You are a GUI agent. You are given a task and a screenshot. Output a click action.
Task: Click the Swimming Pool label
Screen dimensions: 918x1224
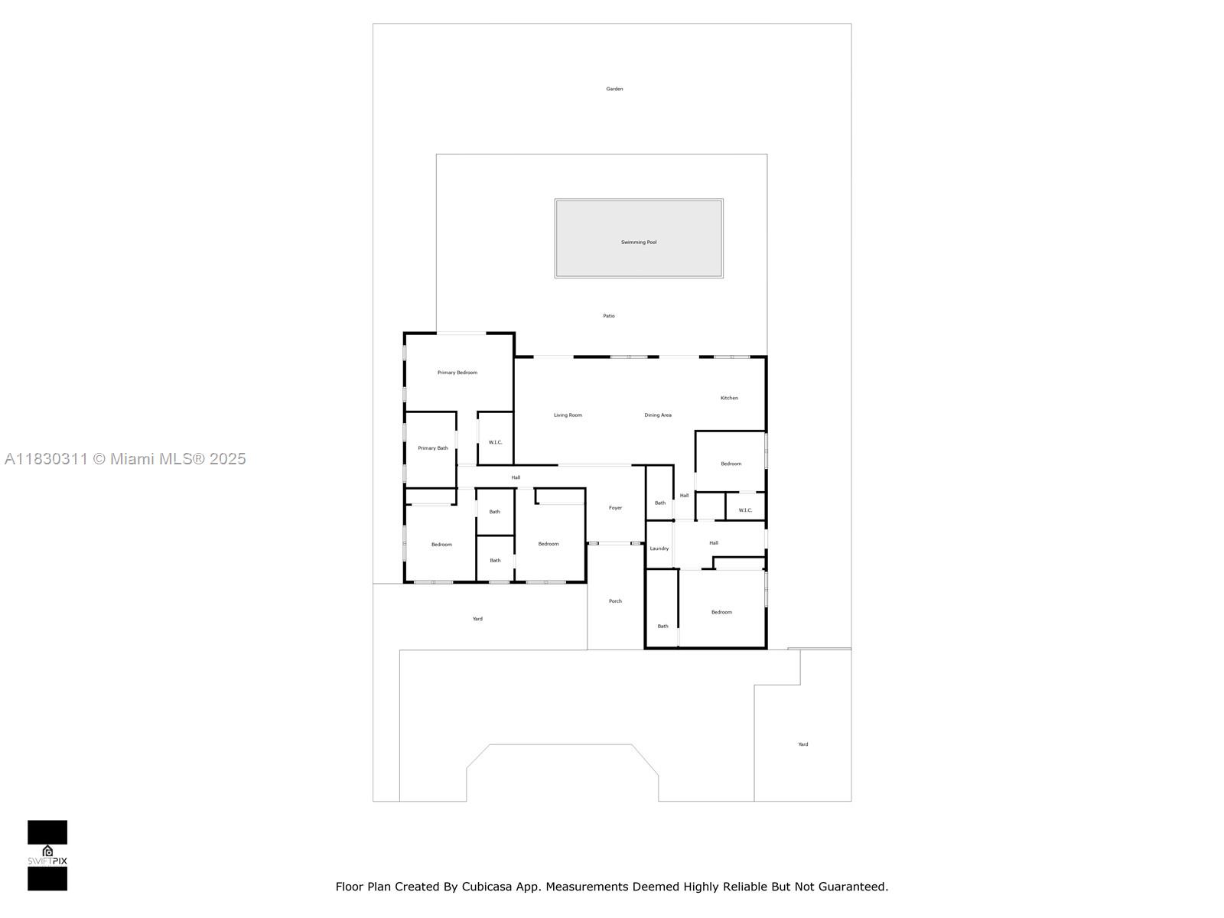[639, 243]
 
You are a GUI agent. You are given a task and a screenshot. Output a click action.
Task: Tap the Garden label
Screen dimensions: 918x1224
[614, 89]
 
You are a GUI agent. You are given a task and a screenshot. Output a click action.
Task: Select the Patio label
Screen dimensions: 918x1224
[609, 316]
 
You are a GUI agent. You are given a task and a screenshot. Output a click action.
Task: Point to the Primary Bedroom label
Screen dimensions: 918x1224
[457, 373]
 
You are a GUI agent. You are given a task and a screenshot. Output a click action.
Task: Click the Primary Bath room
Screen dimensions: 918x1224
[432, 448]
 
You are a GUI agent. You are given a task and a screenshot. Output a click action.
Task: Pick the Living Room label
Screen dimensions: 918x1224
[568, 415]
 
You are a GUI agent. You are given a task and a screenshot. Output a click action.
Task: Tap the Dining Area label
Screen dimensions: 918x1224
[658, 415]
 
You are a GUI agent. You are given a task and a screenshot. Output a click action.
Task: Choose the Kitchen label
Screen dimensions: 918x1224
[729, 398]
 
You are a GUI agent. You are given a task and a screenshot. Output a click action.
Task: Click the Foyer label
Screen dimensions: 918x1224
[615, 508]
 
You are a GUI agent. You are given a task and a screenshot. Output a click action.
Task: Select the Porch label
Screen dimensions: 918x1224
[615, 601]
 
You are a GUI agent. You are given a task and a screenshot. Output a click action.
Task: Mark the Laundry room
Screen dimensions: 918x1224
[659, 549]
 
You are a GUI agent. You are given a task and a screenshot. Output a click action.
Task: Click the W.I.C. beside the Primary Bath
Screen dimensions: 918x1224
[495, 442]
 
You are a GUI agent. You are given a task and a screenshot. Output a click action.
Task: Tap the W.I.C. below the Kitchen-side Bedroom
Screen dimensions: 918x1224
[745, 510]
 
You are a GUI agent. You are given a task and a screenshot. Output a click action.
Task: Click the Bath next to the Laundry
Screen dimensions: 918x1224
[659, 503]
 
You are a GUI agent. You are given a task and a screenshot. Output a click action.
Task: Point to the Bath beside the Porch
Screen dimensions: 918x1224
[662, 626]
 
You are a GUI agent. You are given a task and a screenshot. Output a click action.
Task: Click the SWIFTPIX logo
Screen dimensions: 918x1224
[47, 855]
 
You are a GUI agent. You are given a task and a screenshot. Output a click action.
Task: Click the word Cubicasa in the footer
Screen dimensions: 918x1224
[486, 887]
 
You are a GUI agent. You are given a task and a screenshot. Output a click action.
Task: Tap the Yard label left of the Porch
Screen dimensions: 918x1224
[477, 619]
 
